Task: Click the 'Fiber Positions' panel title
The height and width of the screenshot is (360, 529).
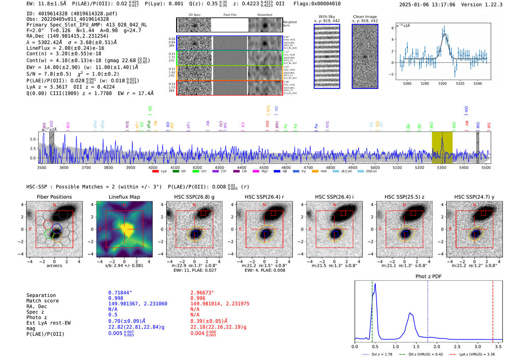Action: tap(54, 197)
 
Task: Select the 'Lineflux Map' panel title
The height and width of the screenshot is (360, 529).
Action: tap(124, 197)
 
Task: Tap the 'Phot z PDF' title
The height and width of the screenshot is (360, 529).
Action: tap(428, 276)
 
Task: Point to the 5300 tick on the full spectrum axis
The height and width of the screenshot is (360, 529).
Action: tap(441, 167)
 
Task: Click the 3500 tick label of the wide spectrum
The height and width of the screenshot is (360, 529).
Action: tap(42, 167)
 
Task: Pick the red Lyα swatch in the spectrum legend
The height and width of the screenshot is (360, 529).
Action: tap(155, 172)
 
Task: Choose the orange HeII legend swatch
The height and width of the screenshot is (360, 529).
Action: tap(315, 172)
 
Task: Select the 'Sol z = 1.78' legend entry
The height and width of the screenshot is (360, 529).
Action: tap(377, 354)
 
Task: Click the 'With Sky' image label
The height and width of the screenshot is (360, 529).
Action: tap(326, 17)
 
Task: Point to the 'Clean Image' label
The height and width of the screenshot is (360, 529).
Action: tap(365, 17)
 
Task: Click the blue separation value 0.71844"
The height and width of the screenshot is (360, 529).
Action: tap(120, 293)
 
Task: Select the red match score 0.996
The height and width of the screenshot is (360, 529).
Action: tap(198, 298)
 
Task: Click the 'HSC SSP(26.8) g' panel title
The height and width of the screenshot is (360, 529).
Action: tap(194, 197)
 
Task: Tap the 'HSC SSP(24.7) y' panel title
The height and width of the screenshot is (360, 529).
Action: tap(474, 197)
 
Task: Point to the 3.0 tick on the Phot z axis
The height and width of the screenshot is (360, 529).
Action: tap(478, 346)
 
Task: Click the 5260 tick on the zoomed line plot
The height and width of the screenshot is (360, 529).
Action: tap(407, 83)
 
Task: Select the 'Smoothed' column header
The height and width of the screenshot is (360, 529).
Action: tap(264, 15)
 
